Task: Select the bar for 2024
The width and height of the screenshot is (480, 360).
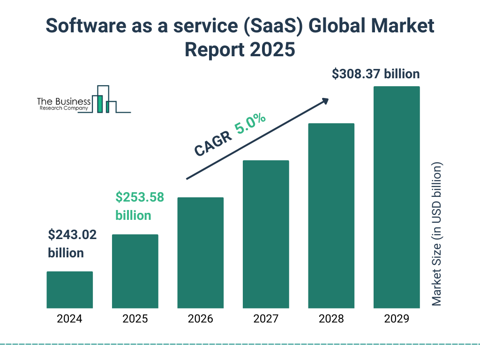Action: coord(69,290)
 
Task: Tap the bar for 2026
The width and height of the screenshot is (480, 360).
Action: coord(200,253)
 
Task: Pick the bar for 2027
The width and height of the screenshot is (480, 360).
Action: coord(266,234)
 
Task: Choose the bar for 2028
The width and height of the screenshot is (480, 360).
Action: coord(331,216)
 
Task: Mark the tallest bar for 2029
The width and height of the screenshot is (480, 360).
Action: coord(397,197)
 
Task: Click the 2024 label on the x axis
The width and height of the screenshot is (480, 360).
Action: coord(69,319)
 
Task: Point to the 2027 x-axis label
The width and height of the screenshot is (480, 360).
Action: coord(266,319)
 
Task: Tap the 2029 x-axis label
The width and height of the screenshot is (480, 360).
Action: coord(397,319)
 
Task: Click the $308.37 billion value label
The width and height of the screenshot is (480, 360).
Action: coord(375,74)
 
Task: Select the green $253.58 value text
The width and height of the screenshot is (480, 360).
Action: coord(140,197)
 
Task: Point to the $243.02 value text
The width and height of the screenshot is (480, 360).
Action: coord(72,235)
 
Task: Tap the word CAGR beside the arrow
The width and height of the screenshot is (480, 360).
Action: coord(212,143)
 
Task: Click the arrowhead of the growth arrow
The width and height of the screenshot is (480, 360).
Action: coord(325,101)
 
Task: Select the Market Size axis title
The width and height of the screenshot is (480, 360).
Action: coord(437,234)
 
